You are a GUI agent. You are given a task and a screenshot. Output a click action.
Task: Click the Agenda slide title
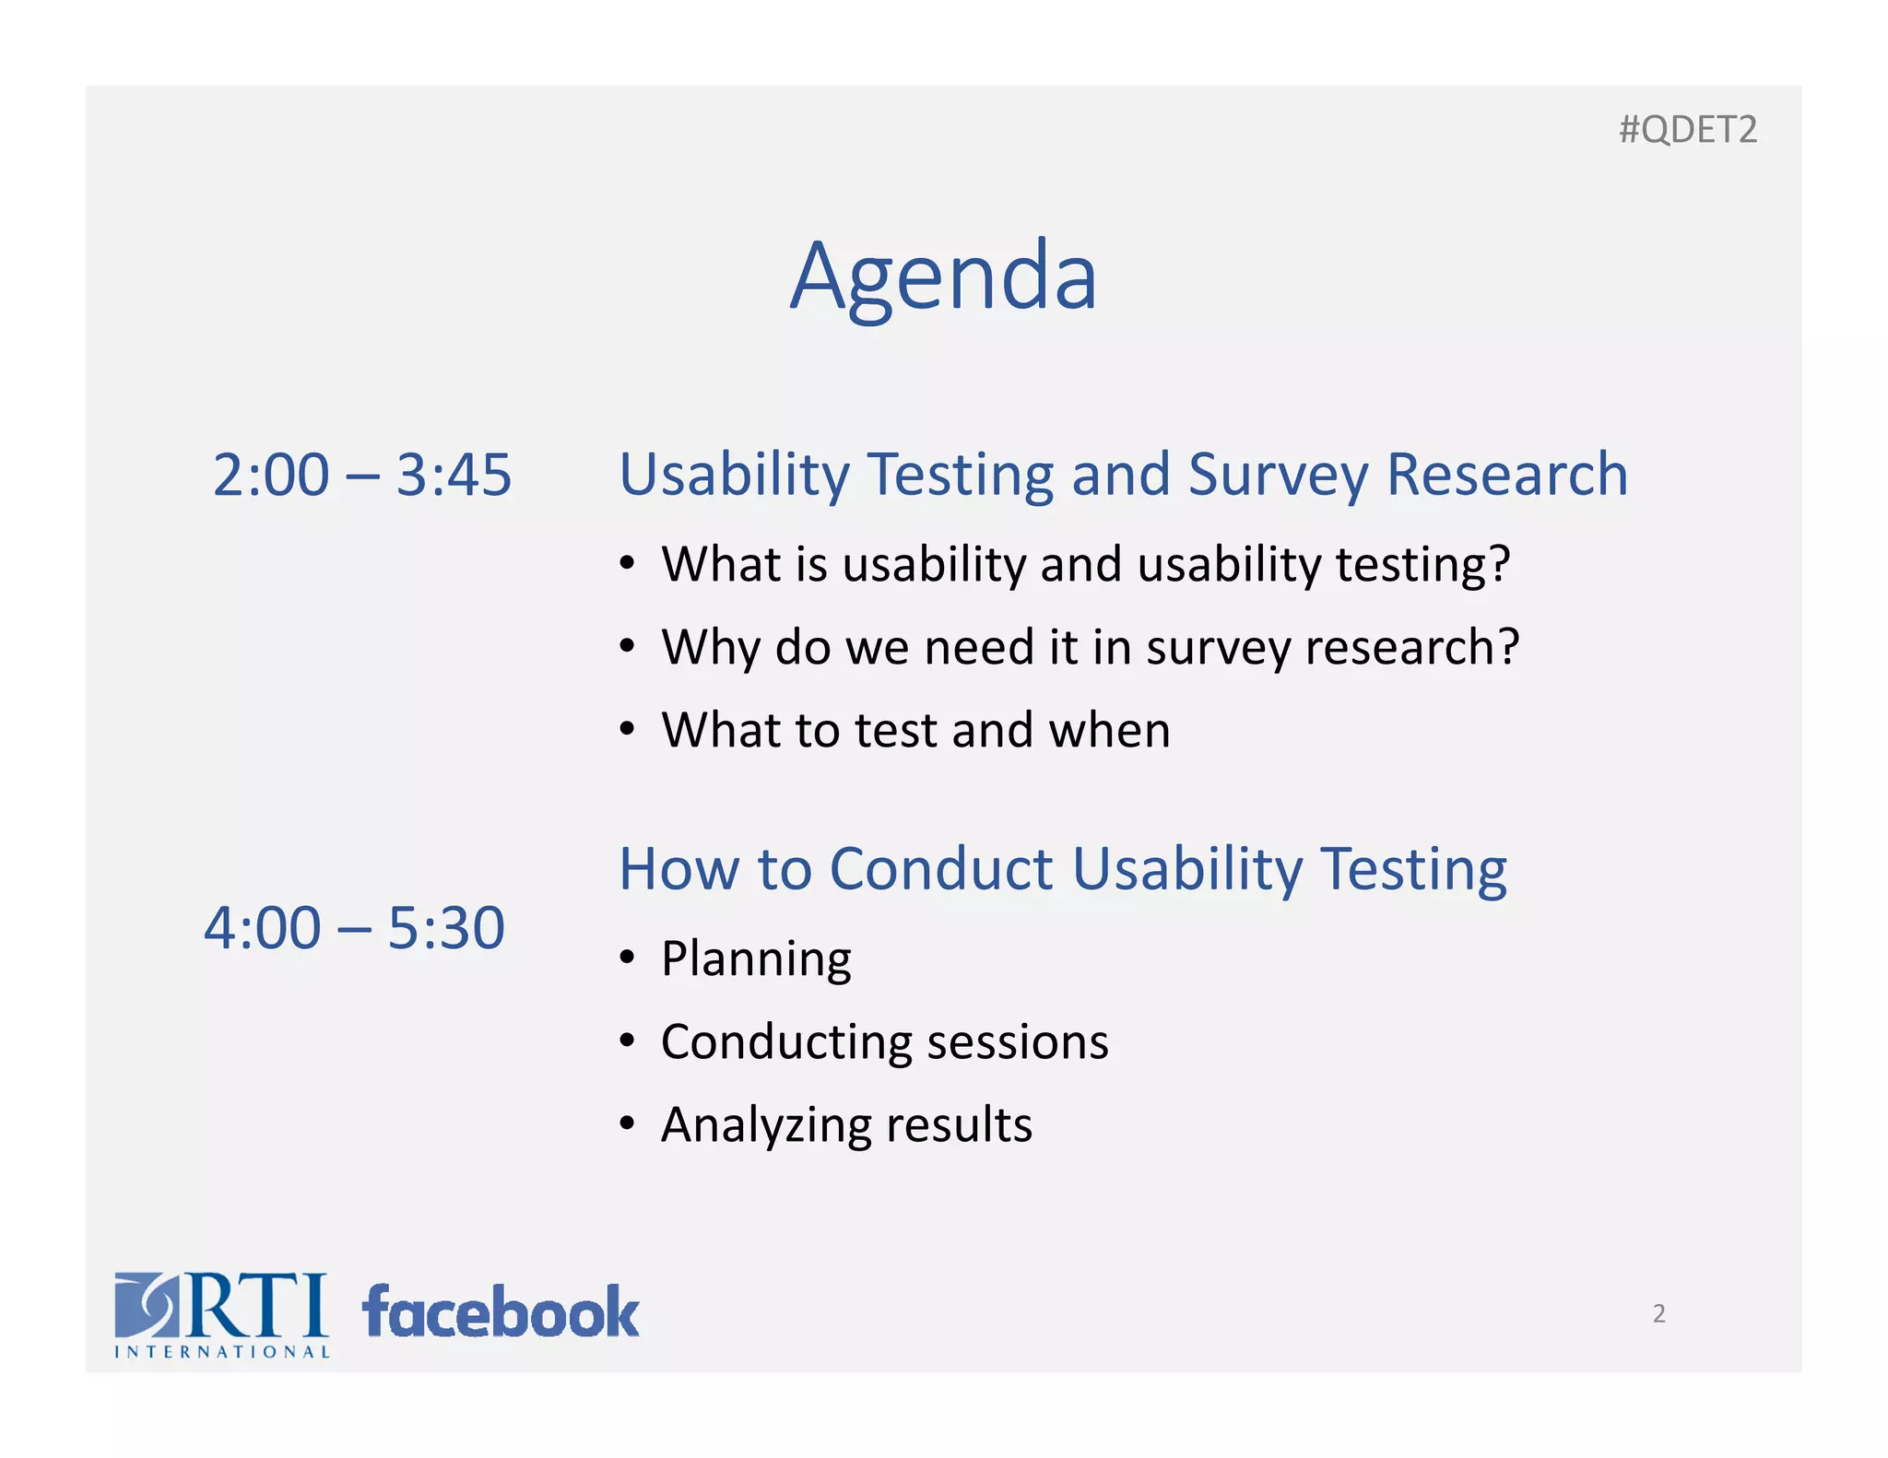pos(943,276)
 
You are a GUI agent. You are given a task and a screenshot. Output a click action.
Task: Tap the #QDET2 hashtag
pos(1687,130)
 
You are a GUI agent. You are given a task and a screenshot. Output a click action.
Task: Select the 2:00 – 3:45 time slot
pos(361,475)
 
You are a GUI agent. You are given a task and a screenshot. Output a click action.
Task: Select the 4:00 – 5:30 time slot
pos(354,927)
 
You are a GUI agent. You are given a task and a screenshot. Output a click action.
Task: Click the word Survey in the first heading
pos(1277,476)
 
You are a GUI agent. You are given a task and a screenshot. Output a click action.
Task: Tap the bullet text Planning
pos(756,958)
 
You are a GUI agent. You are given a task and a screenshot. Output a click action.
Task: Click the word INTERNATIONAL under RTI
pos(222,1352)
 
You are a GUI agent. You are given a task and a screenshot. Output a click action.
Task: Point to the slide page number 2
pos(1658,1313)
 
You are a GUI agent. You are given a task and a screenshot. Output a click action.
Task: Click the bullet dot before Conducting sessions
pos(627,1041)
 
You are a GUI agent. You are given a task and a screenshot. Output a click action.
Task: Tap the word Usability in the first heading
pos(734,476)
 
